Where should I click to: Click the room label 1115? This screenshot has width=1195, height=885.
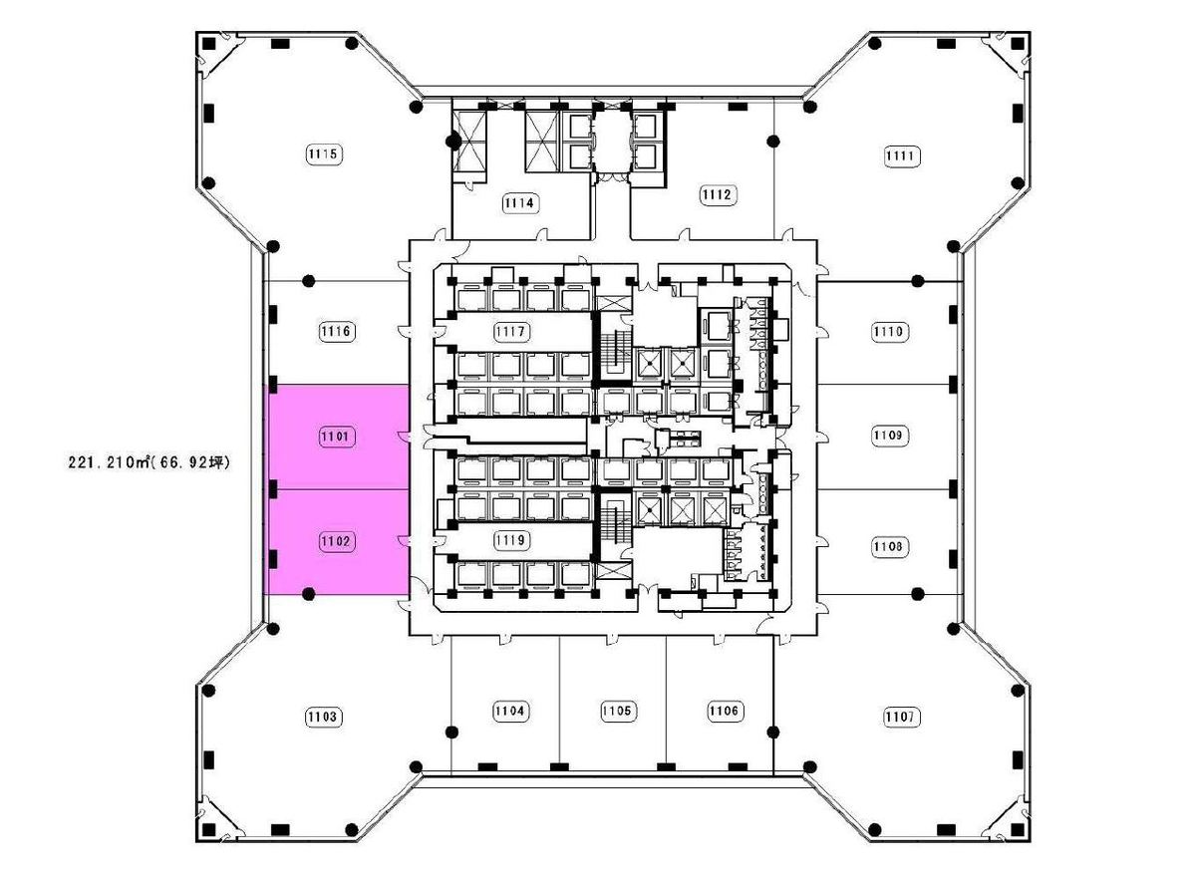pyautogui.click(x=324, y=154)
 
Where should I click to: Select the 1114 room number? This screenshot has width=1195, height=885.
pyautogui.click(x=519, y=202)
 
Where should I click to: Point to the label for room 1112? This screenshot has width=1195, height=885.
pyautogui.click(x=718, y=195)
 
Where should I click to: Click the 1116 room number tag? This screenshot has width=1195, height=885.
pyautogui.click(x=336, y=331)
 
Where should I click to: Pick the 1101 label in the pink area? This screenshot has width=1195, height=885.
pyautogui.click(x=336, y=437)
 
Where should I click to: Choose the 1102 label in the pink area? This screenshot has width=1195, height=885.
pyautogui.click(x=336, y=541)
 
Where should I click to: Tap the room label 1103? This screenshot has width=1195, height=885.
pyautogui.click(x=323, y=717)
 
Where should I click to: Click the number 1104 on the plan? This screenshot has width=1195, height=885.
pyautogui.click(x=510, y=712)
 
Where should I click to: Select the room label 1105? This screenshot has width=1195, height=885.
pyautogui.click(x=617, y=712)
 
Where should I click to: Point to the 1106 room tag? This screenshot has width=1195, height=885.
pyautogui.click(x=724, y=712)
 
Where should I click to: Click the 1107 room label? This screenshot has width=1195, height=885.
pyautogui.click(x=901, y=717)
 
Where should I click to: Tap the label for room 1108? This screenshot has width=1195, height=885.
pyautogui.click(x=889, y=546)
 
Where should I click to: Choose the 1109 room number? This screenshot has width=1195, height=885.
pyautogui.click(x=889, y=436)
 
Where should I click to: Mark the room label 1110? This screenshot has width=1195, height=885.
pyautogui.click(x=889, y=332)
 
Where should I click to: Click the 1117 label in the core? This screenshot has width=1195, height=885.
pyautogui.click(x=511, y=332)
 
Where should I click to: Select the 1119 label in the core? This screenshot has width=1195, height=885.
pyautogui.click(x=511, y=540)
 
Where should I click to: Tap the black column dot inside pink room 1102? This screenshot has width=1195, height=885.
pyautogui.click(x=309, y=593)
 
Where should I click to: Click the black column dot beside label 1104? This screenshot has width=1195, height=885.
pyautogui.click(x=451, y=733)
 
